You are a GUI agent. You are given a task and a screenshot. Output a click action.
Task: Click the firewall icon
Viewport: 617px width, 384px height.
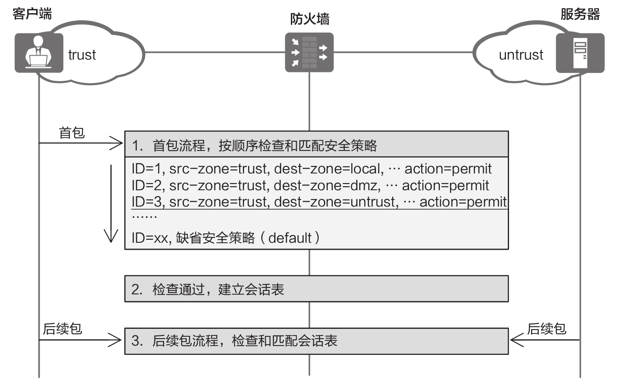pyautogui.click(x=309, y=53)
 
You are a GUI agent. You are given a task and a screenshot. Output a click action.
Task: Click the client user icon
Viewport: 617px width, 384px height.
pyautogui.click(x=39, y=53)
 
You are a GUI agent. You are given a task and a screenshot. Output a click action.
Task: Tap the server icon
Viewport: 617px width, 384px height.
pyautogui.click(x=580, y=53)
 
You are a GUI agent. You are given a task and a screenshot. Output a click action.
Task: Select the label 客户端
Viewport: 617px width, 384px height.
pyautogui.click(x=32, y=14)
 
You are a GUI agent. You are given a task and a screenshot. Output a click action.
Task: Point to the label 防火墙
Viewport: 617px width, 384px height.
pyautogui.click(x=309, y=19)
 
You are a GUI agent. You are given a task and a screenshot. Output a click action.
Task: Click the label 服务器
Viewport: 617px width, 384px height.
pyautogui.click(x=580, y=14)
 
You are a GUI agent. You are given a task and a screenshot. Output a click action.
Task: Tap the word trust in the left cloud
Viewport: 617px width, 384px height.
pyautogui.click(x=82, y=55)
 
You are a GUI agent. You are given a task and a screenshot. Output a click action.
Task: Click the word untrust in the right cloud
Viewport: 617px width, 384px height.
pyautogui.click(x=521, y=55)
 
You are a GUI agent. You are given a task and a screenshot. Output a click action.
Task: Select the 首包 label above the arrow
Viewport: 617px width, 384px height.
pyautogui.click(x=71, y=133)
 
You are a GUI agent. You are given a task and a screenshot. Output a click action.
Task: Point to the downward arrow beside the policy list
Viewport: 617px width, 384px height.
pyautogui.click(x=111, y=203)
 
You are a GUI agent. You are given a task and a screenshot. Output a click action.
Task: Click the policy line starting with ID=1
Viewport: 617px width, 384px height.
pyautogui.click(x=312, y=169)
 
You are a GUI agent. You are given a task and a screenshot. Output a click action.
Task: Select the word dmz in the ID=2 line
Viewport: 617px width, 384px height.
pyautogui.click(x=365, y=185)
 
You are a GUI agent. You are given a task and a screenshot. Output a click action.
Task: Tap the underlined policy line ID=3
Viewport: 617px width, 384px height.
pyautogui.click(x=319, y=202)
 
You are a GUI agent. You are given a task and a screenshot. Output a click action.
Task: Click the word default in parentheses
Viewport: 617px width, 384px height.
pyautogui.click(x=290, y=238)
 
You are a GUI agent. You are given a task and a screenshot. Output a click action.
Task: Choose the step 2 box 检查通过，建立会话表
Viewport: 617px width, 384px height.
pyautogui.click(x=316, y=289)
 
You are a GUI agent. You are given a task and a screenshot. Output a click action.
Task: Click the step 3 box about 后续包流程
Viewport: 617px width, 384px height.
pyautogui.click(x=316, y=341)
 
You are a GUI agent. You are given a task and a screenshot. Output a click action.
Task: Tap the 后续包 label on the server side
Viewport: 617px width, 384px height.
pyautogui.click(x=546, y=329)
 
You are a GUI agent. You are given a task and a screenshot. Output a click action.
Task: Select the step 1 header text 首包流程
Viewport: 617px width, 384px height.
pyautogui.click(x=178, y=145)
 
